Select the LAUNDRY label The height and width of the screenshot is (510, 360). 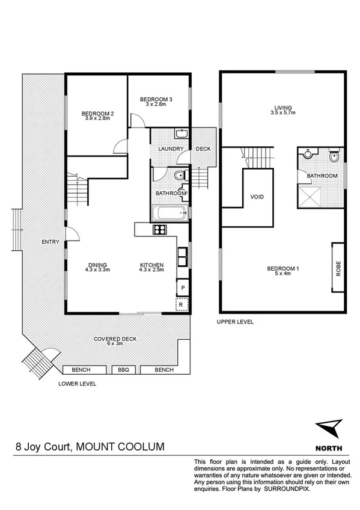point(170,149)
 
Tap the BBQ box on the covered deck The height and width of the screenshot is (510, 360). point(123,370)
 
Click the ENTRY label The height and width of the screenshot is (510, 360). point(50,242)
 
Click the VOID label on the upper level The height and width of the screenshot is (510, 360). point(257,197)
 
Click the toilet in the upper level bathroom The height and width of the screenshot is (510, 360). point(334,157)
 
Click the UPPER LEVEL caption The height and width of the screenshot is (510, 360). point(235,322)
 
